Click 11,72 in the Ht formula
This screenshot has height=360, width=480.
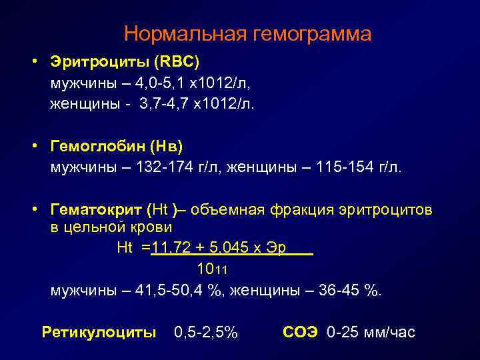(172, 248)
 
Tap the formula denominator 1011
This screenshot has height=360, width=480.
(213, 270)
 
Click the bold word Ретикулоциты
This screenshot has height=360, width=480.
(99, 332)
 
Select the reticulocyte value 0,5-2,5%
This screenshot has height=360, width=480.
(205, 332)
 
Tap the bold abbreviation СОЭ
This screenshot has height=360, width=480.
(302, 332)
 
